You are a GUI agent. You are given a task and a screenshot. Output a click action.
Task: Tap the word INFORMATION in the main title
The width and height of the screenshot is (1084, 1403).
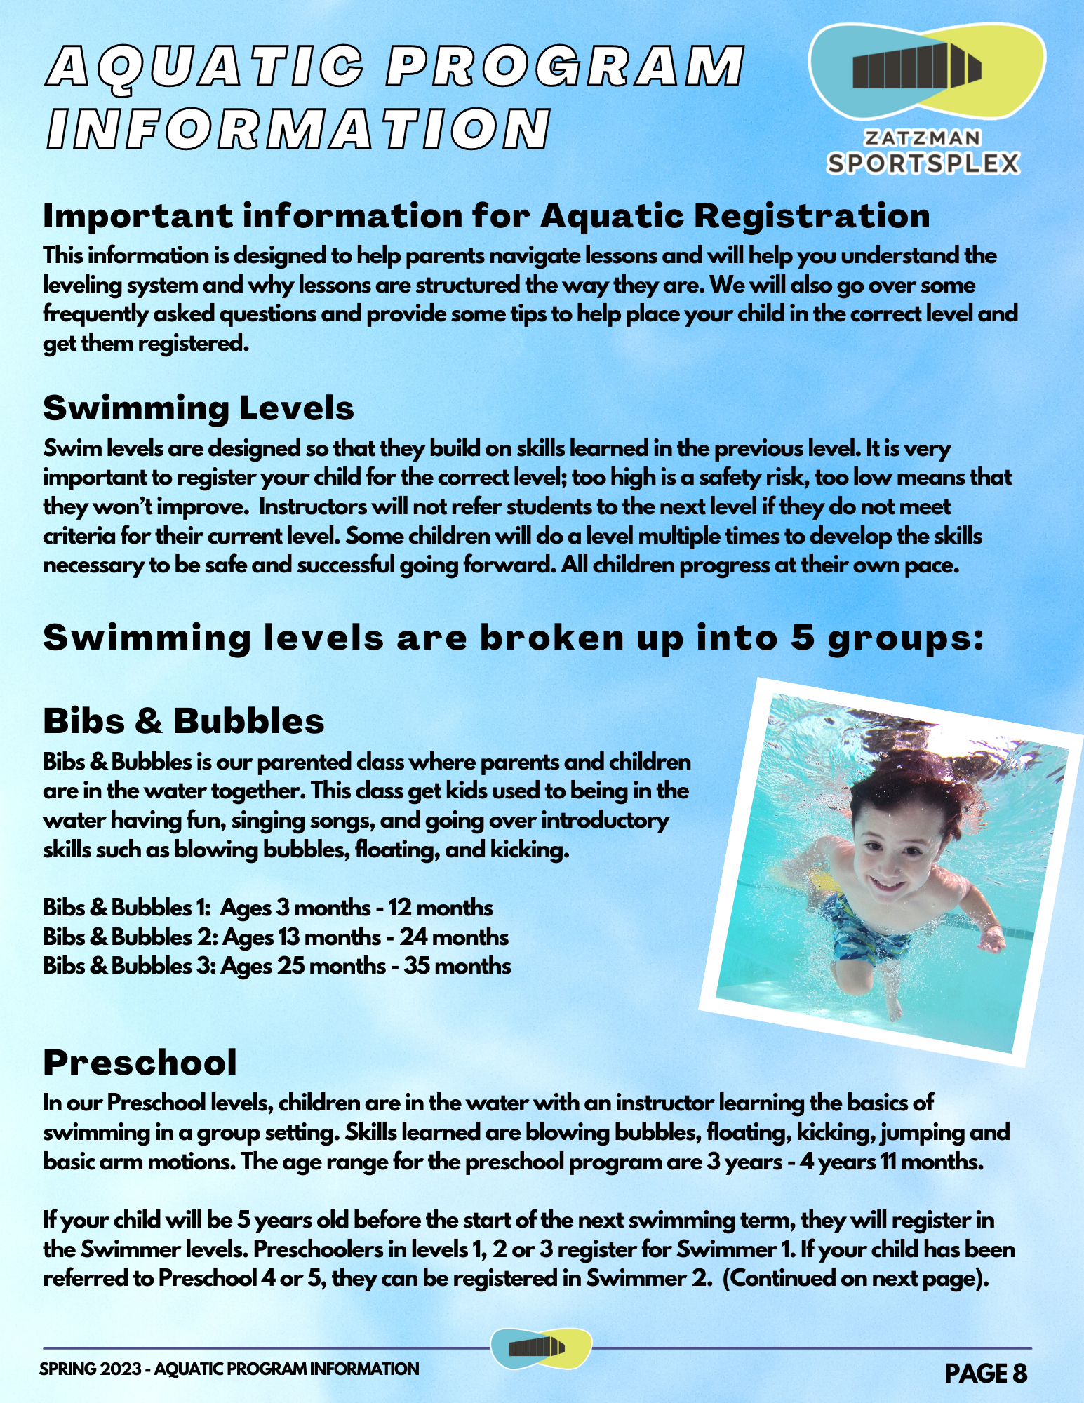tap(299, 129)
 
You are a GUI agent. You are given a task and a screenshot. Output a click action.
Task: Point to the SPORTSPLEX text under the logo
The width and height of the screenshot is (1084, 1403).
tap(923, 163)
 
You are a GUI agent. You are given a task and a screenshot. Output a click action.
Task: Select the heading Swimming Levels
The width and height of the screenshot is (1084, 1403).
tap(199, 408)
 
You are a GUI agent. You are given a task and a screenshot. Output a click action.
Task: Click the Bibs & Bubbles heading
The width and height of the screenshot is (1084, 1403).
tap(184, 721)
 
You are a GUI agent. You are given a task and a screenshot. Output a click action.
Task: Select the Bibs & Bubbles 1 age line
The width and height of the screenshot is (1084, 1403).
tap(268, 908)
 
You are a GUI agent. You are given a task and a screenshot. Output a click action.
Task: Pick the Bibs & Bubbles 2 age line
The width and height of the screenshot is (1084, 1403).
tap(276, 937)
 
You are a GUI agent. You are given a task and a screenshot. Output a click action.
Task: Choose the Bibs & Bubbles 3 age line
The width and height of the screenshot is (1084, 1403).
tap(277, 966)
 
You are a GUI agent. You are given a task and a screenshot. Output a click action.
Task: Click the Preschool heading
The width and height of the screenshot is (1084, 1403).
tap(140, 1063)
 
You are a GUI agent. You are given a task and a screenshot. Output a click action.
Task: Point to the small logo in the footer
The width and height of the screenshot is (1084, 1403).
tap(540, 1348)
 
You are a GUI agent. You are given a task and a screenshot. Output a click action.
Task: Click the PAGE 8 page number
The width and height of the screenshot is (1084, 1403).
tap(986, 1374)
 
